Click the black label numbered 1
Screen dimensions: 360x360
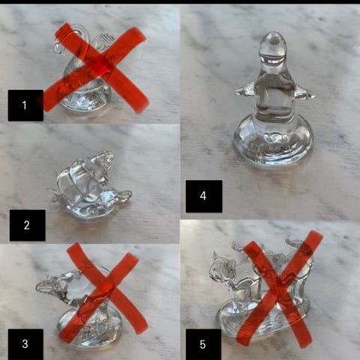point(25,105)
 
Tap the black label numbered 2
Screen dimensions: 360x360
point(27,225)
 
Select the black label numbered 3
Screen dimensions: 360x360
point(25,344)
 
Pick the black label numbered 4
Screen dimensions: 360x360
point(204,196)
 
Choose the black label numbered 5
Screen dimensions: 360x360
point(203,344)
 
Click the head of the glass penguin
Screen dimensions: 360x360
point(273,47)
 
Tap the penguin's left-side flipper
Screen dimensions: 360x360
point(246,91)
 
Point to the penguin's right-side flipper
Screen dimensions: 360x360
point(304,93)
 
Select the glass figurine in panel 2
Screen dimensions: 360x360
point(90,186)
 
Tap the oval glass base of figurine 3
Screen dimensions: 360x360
point(90,328)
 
